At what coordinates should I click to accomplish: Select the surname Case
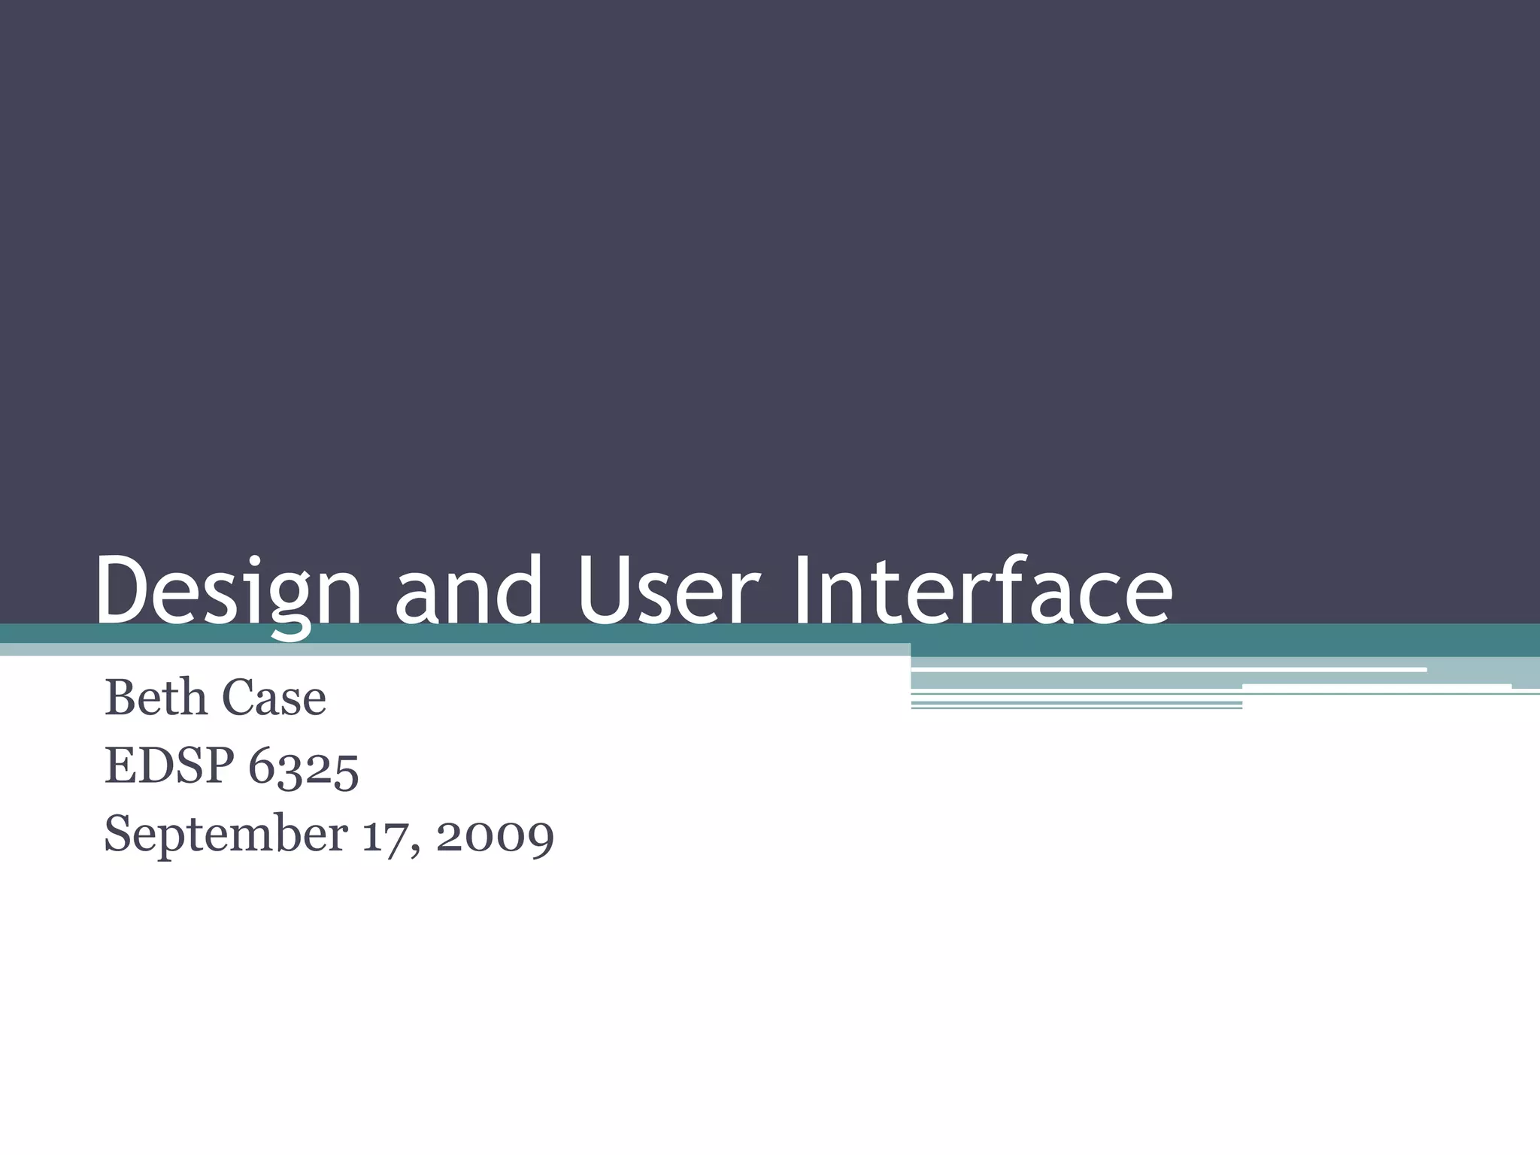pos(275,698)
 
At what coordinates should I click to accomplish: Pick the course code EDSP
pos(169,766)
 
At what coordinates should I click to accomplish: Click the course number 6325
pos(304,768)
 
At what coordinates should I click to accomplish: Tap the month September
pos(226,835)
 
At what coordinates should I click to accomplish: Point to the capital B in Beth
pos(120,698)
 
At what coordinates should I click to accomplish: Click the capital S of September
pos(118,834)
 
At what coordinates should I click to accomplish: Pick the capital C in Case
pos(240,698)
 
